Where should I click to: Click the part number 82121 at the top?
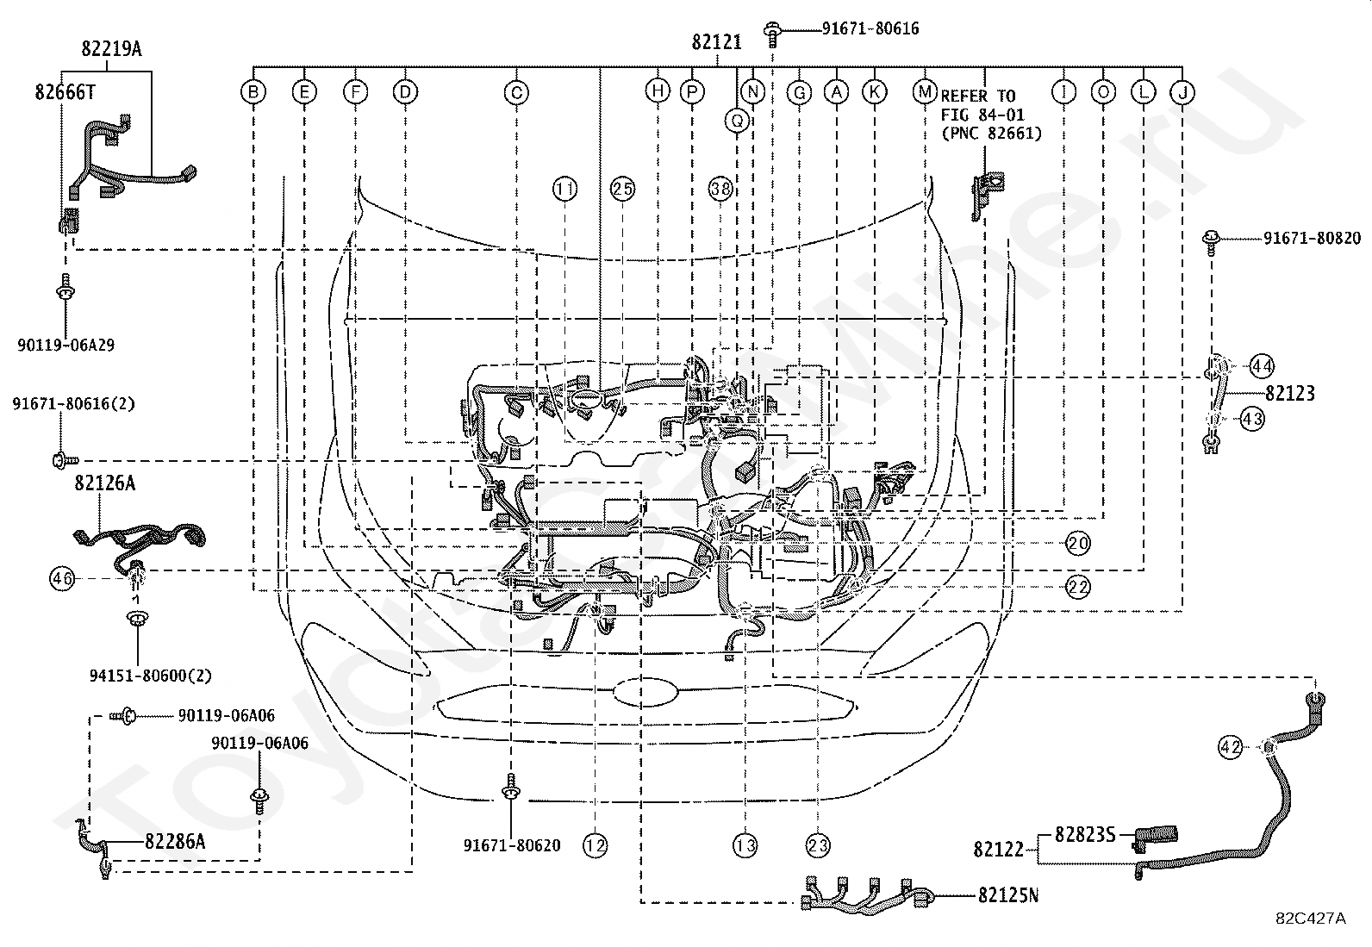pos(717,42)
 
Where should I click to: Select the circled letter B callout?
pos(253,92)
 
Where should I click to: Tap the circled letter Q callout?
pos(737,121)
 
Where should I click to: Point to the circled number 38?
pos(721,189)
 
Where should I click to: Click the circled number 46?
pos(62,578)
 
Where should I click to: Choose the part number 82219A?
pos(111,49)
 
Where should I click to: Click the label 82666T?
pos(65,92)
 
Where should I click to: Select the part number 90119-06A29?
pos(66,346)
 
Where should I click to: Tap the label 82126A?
pos(105,483)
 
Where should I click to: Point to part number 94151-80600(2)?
pos(151,676)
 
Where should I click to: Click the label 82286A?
pos(175,842)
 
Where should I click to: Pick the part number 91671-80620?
pos(512,845)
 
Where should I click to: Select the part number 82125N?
pos(1008,895)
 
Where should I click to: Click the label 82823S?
pos(1085,834)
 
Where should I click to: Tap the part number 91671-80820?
pos(1312,238)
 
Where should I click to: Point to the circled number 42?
pos(1230,747)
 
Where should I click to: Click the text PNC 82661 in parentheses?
pos(992,133)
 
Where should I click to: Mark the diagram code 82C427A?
pos(1311,919)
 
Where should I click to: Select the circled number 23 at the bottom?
pos(818,846)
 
